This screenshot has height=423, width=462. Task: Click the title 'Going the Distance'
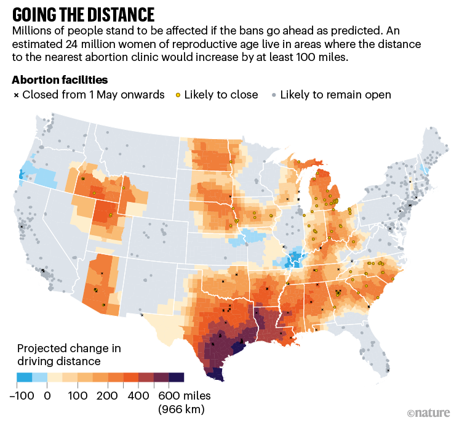click(83, 14)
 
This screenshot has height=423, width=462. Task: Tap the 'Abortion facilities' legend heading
click(60, 80)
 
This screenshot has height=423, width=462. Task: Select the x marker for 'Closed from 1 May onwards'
click(15, 95)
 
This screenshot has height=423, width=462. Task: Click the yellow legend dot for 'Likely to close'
click(178, 95)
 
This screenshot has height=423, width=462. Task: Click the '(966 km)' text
click(181, 408)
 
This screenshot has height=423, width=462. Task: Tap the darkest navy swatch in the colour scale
click(177, 378)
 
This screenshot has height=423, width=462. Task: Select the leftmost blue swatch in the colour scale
click(24, 378)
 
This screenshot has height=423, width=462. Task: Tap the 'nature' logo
click(429, 411)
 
